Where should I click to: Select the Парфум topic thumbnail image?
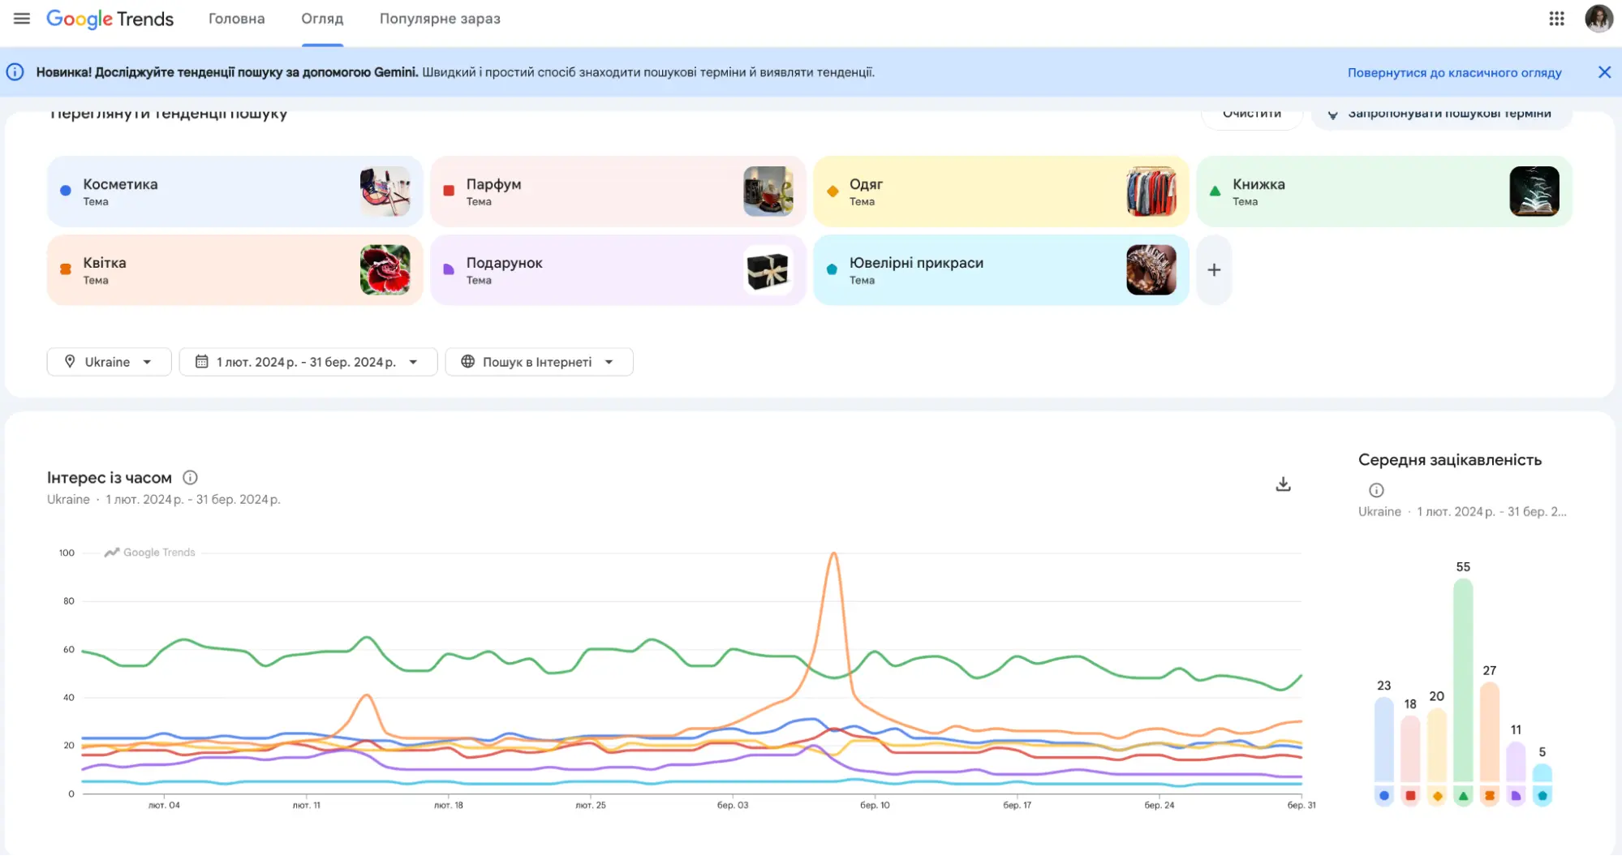tap(768, 191)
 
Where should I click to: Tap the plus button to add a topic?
tap(1214, 270)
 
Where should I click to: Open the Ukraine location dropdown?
tap(109, 362)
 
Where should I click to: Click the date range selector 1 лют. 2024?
tap(308, 362)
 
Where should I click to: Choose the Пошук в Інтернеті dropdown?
tap(538, 362)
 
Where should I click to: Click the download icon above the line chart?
tap(1283, 484)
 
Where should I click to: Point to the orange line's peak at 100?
tap(833, 554)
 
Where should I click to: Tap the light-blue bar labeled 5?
tap(1542, 772)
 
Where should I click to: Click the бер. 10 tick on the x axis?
tap(875, 805)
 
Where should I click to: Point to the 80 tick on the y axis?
tap(69, 601)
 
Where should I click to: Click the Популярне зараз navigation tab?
tap(440, 19)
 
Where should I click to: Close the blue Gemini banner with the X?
tap(1604, 72)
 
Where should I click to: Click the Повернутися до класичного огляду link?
tap(1454, 72)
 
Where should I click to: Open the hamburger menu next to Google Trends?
tap(22, 19)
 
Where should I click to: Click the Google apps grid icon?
tap(1556, 19)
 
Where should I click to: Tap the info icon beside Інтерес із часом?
tap(190, 478)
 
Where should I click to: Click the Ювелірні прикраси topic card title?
tap(916, 263)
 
